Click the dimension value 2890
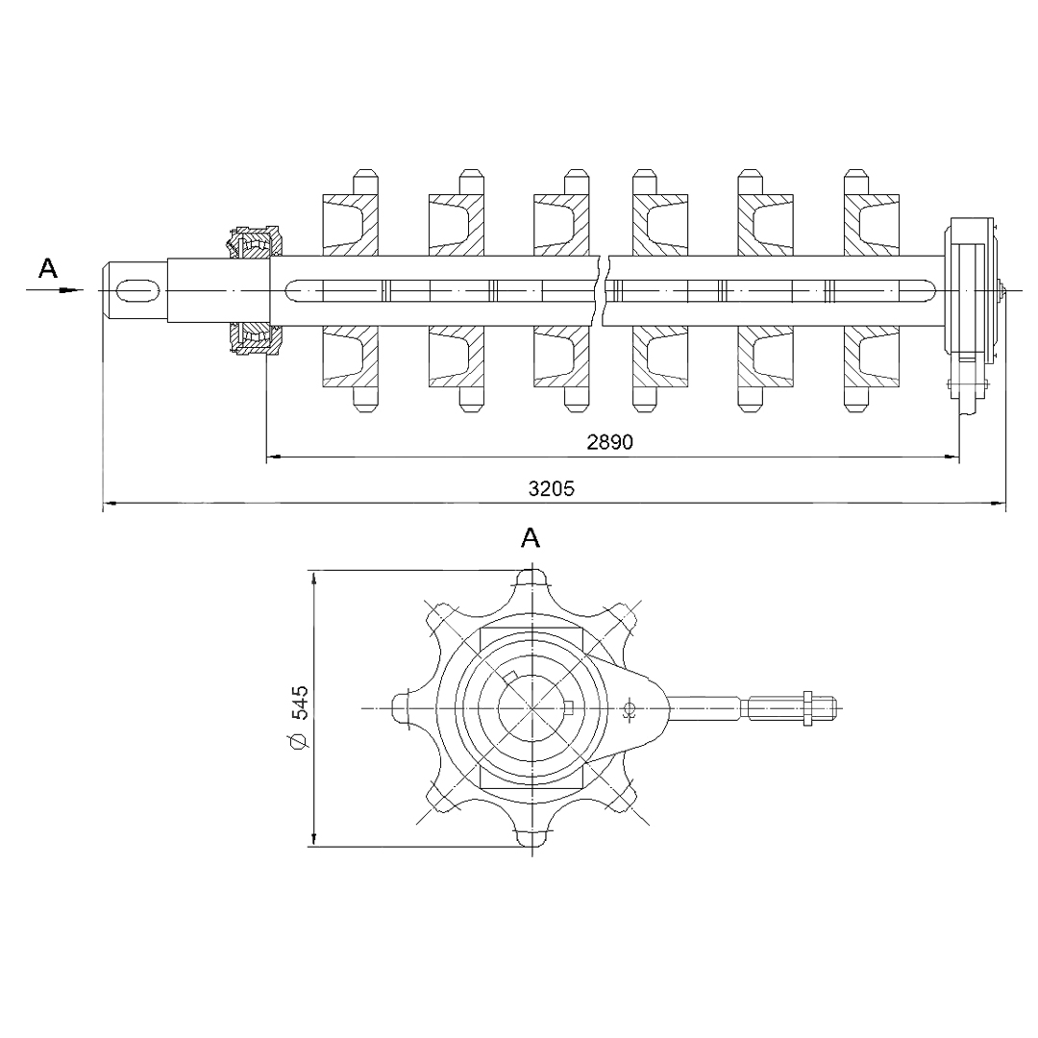[609, 441]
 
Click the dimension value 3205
[552, 488]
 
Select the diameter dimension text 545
[300, 703]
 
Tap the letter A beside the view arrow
[48, 268]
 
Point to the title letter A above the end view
[531, 538]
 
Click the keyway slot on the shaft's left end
[137, 290]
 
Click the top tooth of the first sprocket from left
[365, 182]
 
